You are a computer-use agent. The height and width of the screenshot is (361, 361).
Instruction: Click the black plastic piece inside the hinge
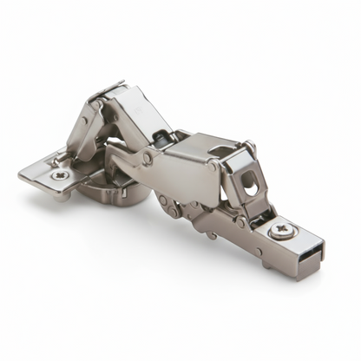(161, 136)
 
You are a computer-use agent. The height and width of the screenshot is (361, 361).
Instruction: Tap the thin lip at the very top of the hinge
(109, 87)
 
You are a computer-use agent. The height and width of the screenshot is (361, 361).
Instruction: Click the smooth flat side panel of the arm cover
(187, 178)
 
